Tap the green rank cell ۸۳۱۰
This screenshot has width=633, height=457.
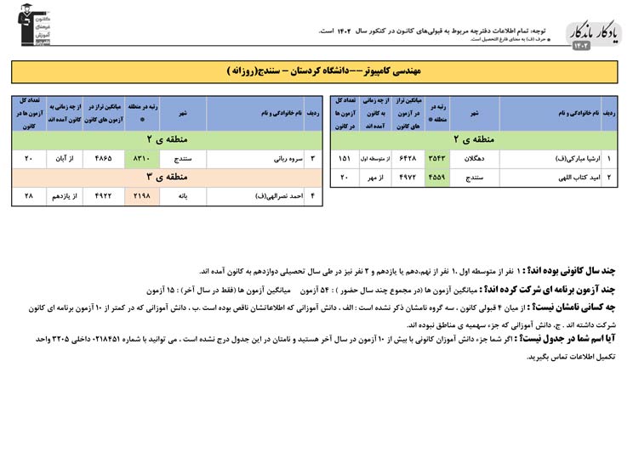point(141,158)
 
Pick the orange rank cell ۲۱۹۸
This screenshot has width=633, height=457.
point(141,196)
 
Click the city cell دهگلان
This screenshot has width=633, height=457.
point(475,158)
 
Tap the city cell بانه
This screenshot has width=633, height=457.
point(183,196)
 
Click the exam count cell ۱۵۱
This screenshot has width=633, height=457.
point(345,158)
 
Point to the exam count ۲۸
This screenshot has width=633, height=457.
point(28,196)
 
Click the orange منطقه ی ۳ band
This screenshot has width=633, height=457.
point(167,177)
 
